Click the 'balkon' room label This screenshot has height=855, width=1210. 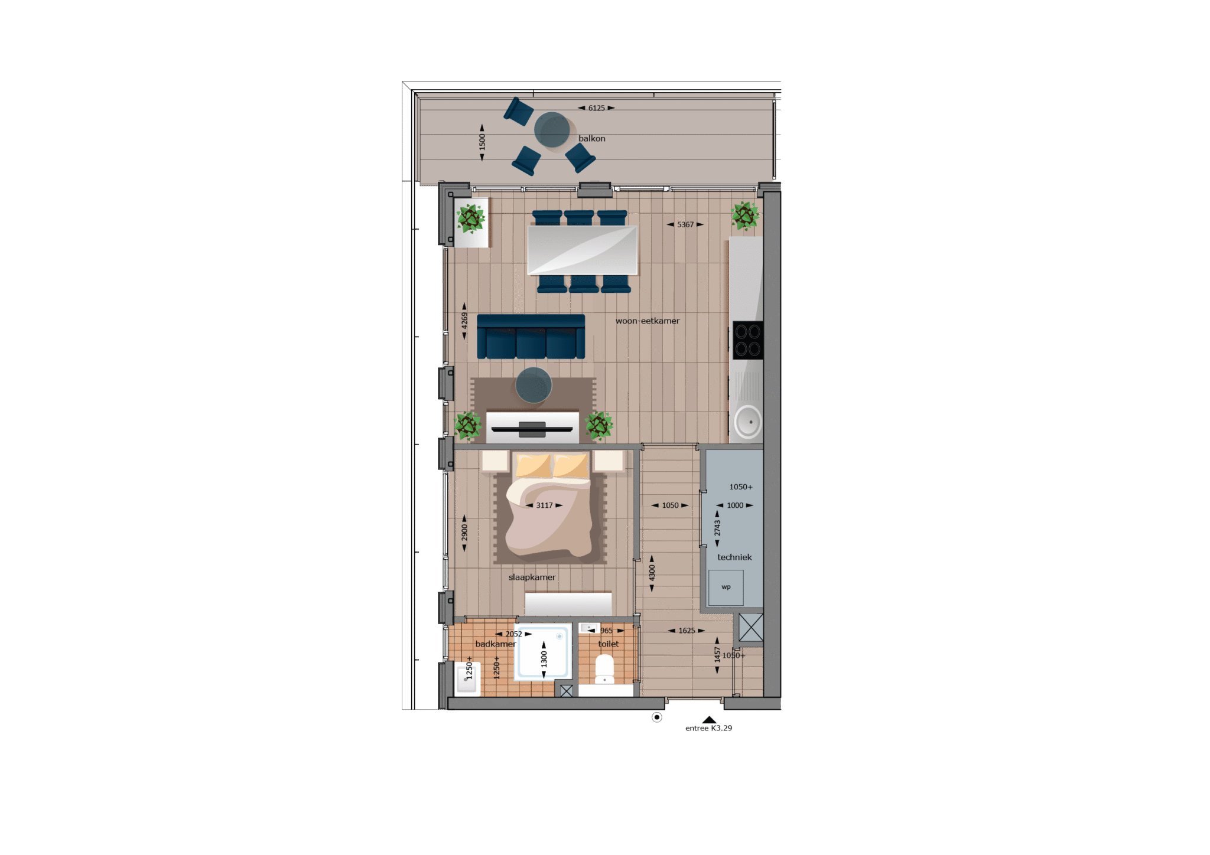click(x=591, y=138)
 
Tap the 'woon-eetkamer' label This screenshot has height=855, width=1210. click(x=648, y=321)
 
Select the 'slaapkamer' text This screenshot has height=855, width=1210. click(x=532, y=577)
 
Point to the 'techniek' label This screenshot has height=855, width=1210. click(x=734, y=557)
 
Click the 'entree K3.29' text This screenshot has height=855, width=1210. click(x=708, y=728)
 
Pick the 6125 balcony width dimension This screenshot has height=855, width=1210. click(x=596, y=108)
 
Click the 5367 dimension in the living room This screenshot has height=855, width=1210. click(x=685, y=224)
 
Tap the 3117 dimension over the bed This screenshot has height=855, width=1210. click(x=544, y=505)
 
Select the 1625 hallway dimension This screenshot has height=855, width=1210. click(x=687, y=631)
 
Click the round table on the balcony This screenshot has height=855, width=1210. click(x=552, y=130)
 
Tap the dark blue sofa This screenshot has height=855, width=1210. click(x=531, y=337)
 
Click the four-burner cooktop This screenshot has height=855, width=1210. click(x=748, y=340)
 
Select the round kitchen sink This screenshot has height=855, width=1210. click(x=749, y=422)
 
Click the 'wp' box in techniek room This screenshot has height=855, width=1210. click(x=726, y=588)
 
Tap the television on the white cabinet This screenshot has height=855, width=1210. click(x=532, y=429)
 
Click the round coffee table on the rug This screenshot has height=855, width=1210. click(x=534, y=385)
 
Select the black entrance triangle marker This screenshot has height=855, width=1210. click(x=709, y=720)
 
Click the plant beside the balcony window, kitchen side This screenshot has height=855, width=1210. click(x=745, y=216)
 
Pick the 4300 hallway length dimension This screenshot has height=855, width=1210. click(x=652, y=573)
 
